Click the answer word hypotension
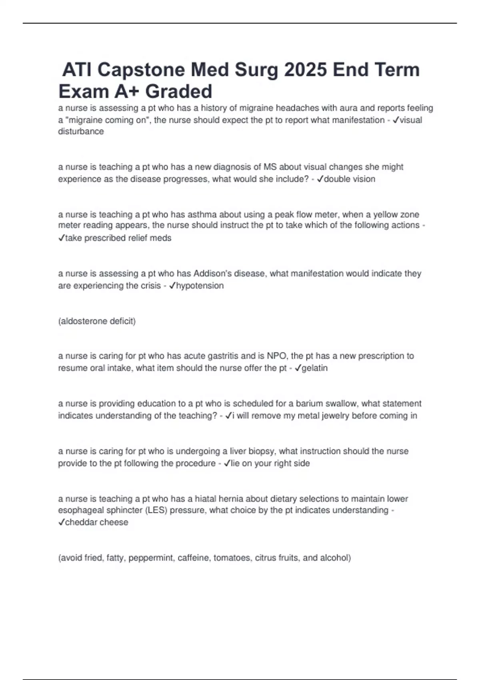[x=200, y=286]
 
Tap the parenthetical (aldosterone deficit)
[x=97, y=321]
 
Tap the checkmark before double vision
[x=320, y=179]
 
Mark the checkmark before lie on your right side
[x=227, y=463]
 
